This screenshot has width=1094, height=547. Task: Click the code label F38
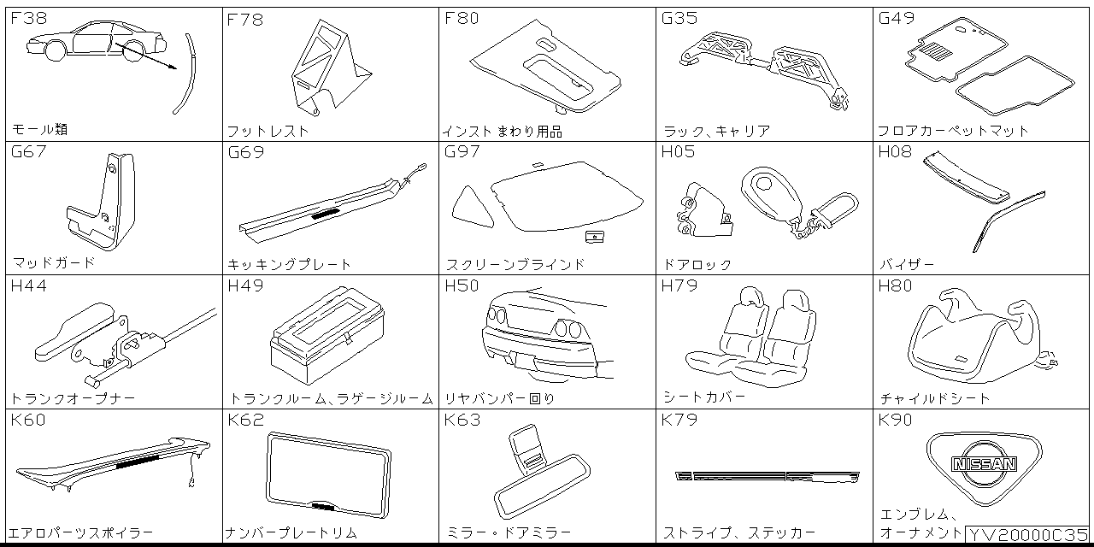click(29, 18)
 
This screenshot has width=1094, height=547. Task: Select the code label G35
click(679, 18)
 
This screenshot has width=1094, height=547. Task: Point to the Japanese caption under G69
click(290, 264)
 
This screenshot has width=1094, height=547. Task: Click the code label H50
click(462, 286)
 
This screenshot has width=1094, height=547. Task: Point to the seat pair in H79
click(752, 338)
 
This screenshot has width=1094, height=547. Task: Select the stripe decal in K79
click(767, 476)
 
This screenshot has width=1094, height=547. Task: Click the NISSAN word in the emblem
click(985, 464)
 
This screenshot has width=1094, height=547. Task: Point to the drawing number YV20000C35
click(1028, 534)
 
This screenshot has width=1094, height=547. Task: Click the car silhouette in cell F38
click(90, 40)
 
